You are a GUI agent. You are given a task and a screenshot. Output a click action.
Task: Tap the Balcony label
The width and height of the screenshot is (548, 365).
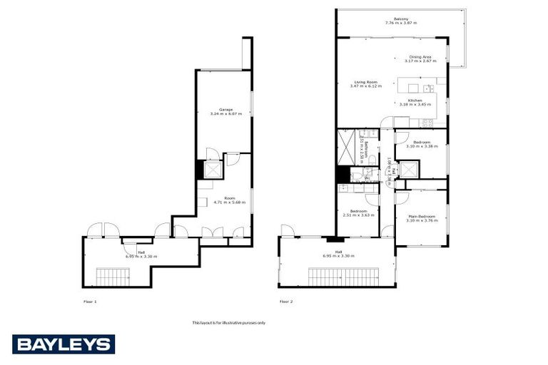(x=400, y=19)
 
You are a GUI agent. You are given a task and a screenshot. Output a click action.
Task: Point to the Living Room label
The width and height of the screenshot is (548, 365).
(x=365, y=82)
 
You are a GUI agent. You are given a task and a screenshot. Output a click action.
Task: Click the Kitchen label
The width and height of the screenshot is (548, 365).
(x=416, y=101)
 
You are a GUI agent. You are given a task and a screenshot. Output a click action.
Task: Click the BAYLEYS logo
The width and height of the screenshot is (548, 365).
(x=63, y=344)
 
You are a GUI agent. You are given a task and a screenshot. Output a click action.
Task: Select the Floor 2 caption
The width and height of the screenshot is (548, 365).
(x=286, y=302)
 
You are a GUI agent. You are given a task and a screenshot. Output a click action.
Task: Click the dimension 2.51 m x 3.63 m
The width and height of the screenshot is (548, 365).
(x=358, y=215)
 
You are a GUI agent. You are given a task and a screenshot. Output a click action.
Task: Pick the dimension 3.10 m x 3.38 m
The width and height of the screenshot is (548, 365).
(x=422, y=146)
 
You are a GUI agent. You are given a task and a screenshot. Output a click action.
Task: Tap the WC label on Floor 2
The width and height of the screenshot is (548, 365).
(x=367, y=178)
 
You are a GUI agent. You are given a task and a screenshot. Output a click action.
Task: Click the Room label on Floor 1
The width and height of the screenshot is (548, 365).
(x=229, y=197)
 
